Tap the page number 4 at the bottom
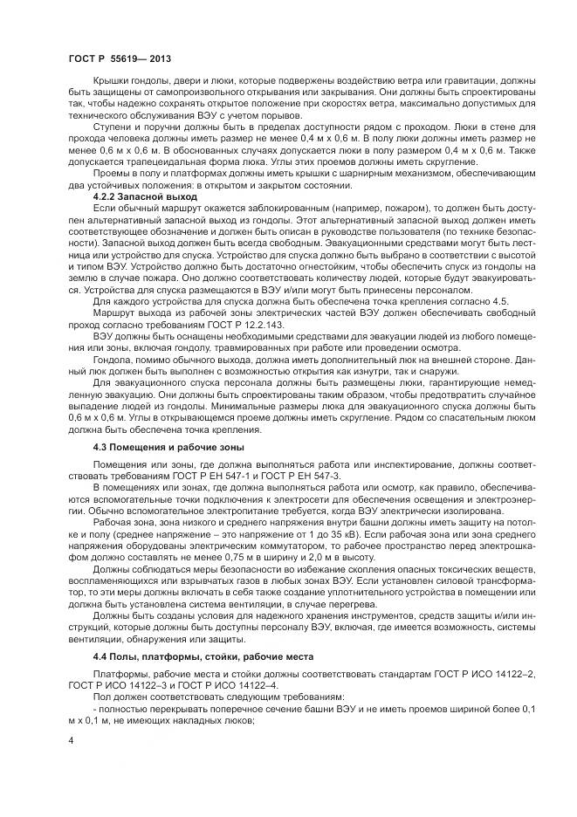70,739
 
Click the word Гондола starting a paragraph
113,357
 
